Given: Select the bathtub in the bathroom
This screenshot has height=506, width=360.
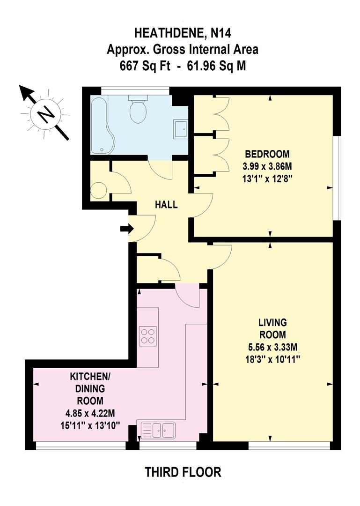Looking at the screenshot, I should coord(101,125).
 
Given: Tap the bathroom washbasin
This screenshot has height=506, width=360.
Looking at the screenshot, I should coord(181,128).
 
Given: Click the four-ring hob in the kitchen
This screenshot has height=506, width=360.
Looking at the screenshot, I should coord(148,336).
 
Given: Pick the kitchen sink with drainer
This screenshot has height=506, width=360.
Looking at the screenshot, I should coord(158,430).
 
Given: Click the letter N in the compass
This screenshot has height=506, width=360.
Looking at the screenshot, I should coord(45,114).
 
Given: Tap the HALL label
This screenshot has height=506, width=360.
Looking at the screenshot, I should coord(167,205).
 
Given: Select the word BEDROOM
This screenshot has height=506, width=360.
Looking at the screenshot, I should coord(267,154).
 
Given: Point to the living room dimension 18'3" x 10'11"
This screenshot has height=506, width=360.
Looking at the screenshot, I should coord(272,359).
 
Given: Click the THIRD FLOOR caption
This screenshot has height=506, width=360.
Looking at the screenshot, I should coord(183,472).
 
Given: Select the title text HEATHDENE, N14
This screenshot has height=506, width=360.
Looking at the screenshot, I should coord(183,33).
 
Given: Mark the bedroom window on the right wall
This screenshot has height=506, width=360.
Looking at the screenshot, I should coord(335,178).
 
